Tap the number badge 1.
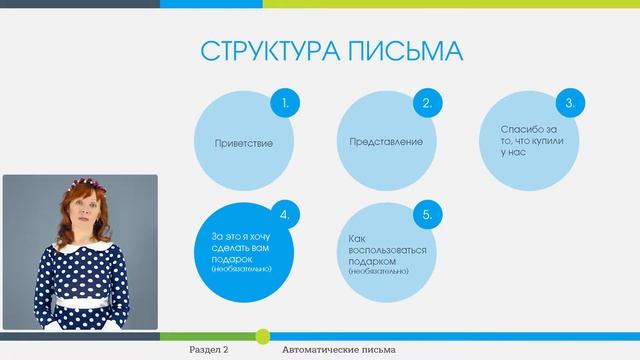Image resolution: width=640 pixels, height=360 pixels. click(x=286, y=103)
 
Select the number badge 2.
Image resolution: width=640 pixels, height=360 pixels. click(x=427, y=103)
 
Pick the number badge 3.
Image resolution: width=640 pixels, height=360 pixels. click(x=569, y=103)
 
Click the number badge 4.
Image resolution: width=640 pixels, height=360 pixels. click(x=286, y=214)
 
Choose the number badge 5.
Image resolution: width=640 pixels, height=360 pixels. click(x=427, y=214)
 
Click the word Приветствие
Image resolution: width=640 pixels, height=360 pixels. click(x=244, y=143)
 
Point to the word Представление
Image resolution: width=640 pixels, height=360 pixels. click(x=386, y=142)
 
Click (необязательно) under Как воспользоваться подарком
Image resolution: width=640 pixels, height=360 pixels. click(x=379, y=271)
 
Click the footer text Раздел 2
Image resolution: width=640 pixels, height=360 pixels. click(x=209, y=349)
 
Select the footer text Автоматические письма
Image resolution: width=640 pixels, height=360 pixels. click(x=339, y=349)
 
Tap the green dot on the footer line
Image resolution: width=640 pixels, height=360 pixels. click(x=263, y=335)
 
